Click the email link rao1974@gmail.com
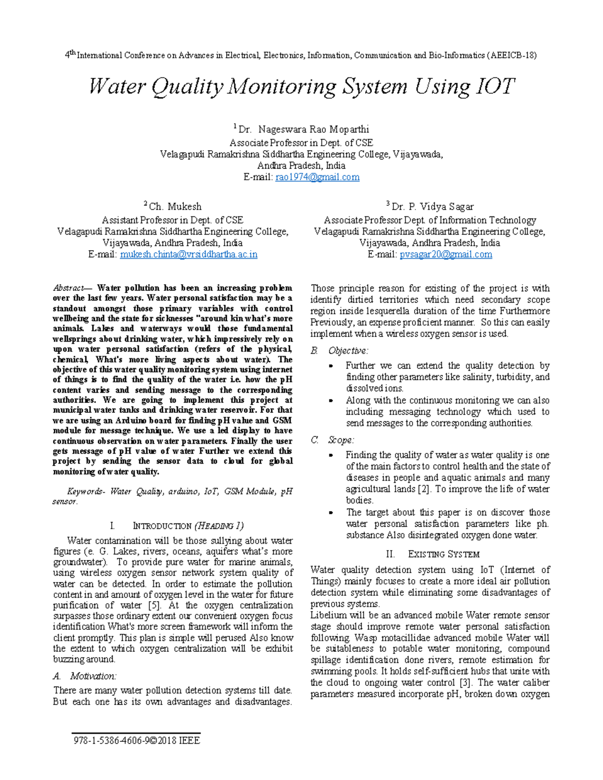coord(317,177)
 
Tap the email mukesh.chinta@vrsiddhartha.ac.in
coord(188,254)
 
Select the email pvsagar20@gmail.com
coord(446,254)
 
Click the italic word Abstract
coord(69,288)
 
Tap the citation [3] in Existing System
coord(465,683)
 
